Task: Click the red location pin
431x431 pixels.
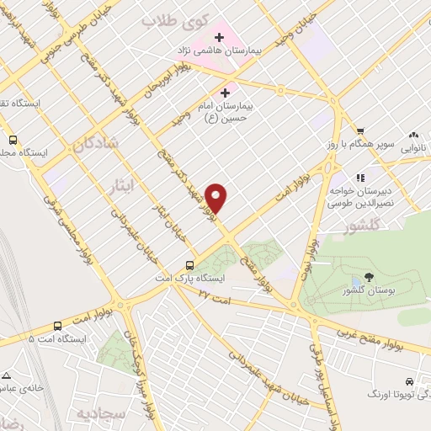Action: point(217,198)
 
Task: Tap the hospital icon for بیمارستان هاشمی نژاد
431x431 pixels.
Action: point(220,37)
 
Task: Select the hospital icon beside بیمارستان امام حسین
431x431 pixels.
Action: point(225,93)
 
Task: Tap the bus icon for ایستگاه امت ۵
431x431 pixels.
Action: point(57,325)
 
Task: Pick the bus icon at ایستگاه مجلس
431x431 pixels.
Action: point(13,141)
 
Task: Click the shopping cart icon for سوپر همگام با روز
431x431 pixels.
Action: point(360,130)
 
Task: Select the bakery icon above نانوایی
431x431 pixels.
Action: point(412,135)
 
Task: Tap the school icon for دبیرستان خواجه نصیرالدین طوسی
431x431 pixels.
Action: point(360,178)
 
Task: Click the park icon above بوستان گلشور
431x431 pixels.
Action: point(370,279)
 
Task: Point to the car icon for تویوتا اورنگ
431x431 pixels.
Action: point(408,380)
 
